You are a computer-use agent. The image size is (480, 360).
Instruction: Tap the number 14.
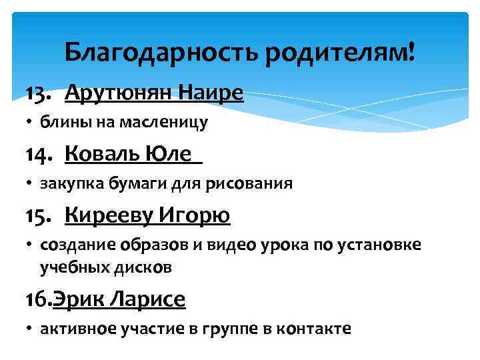point(39,155)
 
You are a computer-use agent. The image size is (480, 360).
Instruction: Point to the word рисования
point(257,183)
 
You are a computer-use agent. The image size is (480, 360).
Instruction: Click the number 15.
point(39,216)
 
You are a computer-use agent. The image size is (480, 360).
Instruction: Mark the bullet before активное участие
point(31,329)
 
